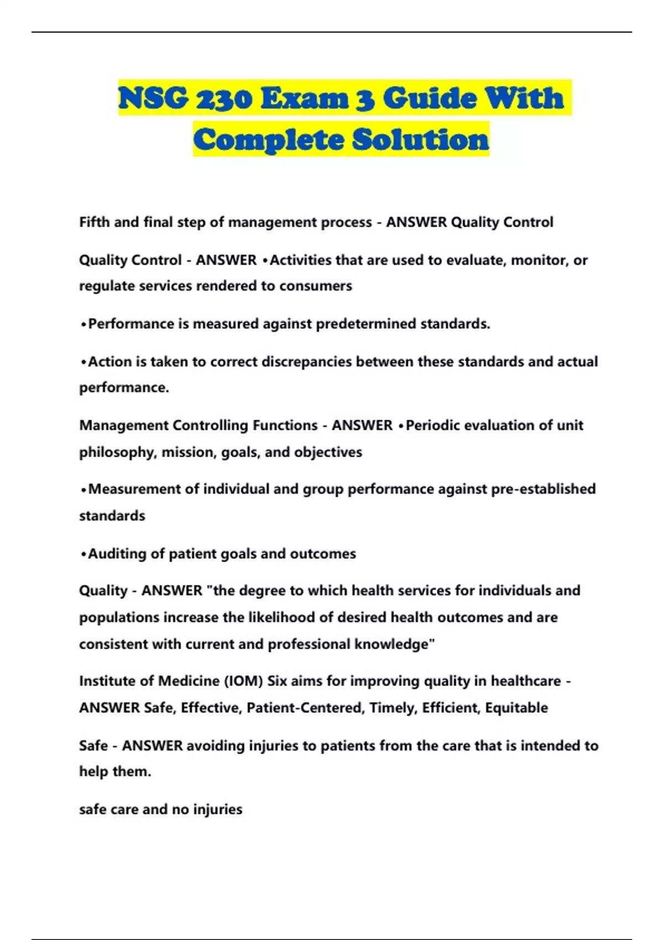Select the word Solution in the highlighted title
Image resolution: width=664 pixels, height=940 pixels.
pos(421,139)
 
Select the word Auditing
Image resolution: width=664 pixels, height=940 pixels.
pos(115,553)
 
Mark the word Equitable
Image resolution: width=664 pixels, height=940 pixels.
pos(516,708)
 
